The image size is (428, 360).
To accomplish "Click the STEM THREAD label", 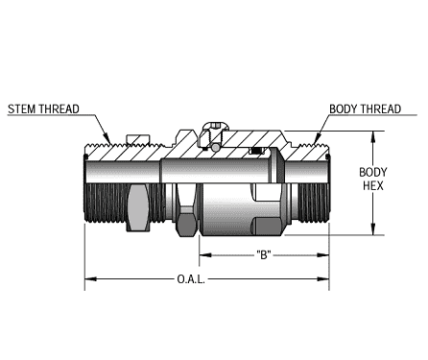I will [43, 108].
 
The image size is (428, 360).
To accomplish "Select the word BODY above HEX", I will [373, 172].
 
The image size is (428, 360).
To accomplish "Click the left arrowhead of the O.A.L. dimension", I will [89, 280].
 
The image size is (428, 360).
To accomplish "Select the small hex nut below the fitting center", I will [186, 222].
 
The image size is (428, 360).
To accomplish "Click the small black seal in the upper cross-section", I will [256, 151].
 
